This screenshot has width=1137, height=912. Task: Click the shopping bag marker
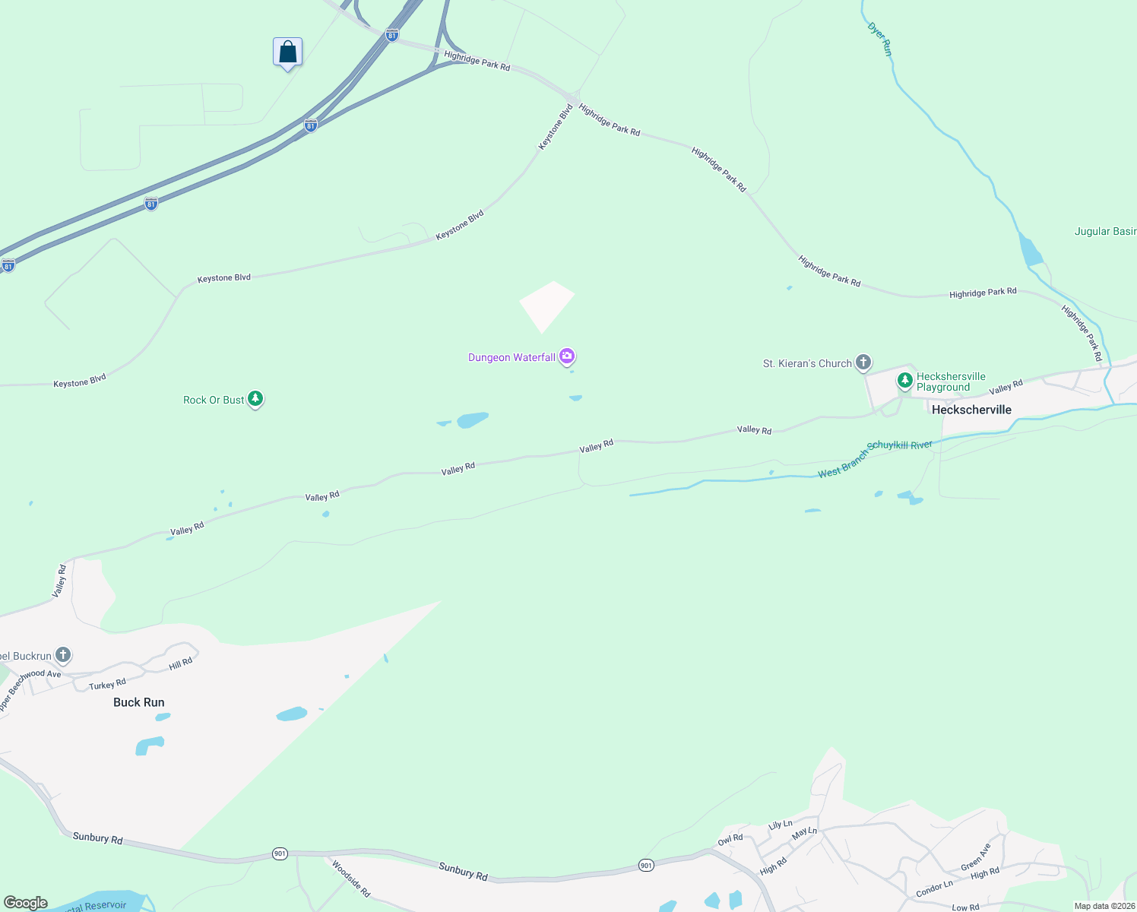click(x=287, y=52)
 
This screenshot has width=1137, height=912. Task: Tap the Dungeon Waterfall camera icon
click(x=567, y=356)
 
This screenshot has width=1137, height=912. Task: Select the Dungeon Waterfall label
click(x=511, y=357)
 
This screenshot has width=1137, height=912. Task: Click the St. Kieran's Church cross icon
click(x=863, y=362)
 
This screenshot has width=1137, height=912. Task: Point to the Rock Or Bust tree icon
click(x=255, y=398)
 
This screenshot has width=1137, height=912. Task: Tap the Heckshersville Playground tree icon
click(x=904, y=380)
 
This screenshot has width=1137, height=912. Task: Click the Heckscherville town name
click(x=971, y=410)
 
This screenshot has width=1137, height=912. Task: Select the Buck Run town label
click(x=138, y=702)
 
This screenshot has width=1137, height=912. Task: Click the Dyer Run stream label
click(x=880, y=40)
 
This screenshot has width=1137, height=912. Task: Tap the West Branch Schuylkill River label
click(x=875, y=459)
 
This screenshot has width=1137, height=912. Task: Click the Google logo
click(x=25, y=903)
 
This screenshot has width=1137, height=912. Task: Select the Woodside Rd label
click(x=350, y=878)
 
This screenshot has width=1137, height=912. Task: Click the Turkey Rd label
click(x=107, y=685)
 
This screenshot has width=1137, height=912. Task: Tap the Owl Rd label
click(x=730, y=839)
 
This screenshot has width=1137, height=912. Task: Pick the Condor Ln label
click(x=934, y=888)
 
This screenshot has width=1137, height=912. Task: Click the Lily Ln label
click(x=780, y=825)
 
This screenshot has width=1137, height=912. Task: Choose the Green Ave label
click(x=976, y=857)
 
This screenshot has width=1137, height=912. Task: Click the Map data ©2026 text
click(x=1104, y=906)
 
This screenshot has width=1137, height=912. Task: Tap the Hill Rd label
click(x=181, y=664)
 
